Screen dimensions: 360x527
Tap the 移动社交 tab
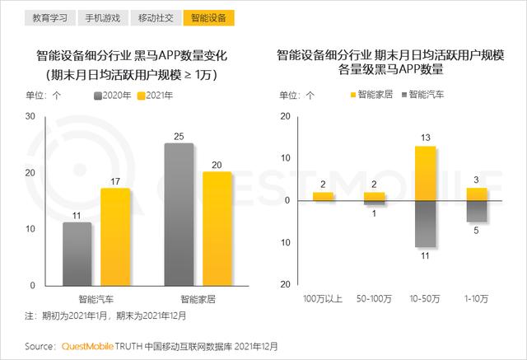tap(156, 17)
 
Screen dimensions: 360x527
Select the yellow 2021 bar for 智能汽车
tap(115, 236)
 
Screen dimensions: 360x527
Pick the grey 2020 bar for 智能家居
tap(179, 214)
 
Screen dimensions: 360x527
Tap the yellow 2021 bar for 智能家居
tap(217, 228)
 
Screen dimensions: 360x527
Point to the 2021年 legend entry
tap(154, 96)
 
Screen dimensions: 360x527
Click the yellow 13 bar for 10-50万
tap(425, 173)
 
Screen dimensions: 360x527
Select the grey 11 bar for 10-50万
tap(425, 224)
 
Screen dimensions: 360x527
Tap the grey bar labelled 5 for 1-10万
tap(477, 211)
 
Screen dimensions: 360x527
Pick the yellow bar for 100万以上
tap(324, 196)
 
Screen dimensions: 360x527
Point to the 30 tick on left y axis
tap(30, 116)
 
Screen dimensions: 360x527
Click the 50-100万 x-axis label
tap(374, 297)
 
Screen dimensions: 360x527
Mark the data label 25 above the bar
tap(179, 135)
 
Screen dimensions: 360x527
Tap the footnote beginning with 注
tap(107, 316)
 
